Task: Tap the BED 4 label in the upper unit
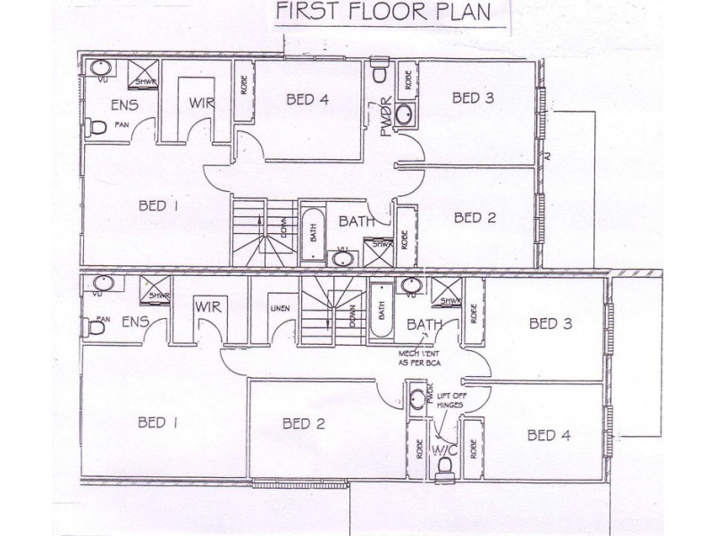[307, 100]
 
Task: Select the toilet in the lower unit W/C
[441, 465]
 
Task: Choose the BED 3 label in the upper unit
[473, 97]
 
